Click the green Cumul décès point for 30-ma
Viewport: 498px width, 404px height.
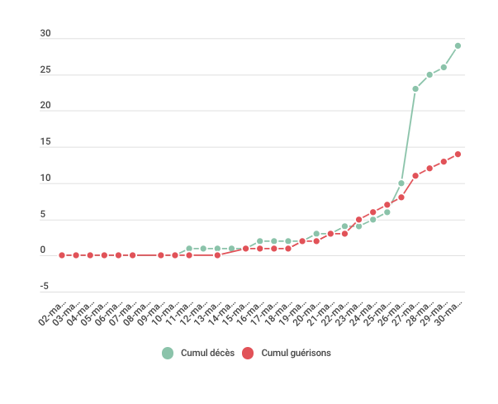coord(458,45)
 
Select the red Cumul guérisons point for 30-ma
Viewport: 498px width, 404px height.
coord(458,154)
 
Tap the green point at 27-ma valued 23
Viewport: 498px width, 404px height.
coord(415,88)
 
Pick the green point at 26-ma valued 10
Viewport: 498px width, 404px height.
coord(401,183)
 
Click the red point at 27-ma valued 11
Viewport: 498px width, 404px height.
coord(415,175)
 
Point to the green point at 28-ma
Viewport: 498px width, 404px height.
coord(429,74)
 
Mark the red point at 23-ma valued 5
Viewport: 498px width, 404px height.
coord(359,219)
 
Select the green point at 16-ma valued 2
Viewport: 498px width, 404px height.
coord(260,241)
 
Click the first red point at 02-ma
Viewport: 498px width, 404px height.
coord(62,255)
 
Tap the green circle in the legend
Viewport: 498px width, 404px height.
coord(168,353)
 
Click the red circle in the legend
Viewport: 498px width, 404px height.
coord(249,353)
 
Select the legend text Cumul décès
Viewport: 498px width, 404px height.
coord(207,353)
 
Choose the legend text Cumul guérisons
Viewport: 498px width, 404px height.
coord(296,353)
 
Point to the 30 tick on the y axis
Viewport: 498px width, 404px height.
coord(45,35)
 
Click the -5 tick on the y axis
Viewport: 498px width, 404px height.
coord(45,287)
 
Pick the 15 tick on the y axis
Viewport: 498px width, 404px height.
coord(45,143)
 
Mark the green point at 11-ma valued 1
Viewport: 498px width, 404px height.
coord(189,248)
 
